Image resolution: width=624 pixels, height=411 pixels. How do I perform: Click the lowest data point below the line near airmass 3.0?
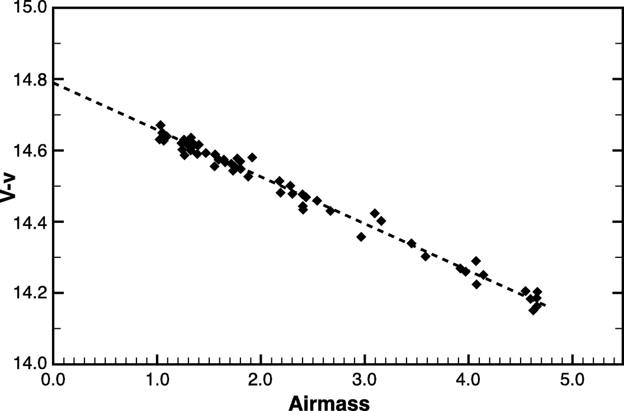pos(361,237)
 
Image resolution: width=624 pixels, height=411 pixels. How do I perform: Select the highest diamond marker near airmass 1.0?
pos(160,125)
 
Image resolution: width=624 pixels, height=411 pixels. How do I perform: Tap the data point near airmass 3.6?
pos(425,256)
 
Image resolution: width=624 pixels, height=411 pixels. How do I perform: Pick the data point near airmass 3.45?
pos(411,243)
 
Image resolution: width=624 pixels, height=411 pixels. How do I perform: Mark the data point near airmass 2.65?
pos(330,211)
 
